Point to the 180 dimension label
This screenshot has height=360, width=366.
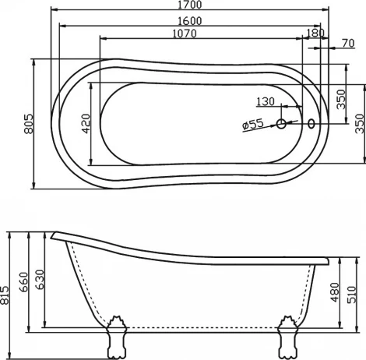pyautogui.click(x=315, y=34)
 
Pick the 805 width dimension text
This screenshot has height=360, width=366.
pyautogui.click(x=29, y=122)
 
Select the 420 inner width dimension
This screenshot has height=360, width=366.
pyautogui.click(x=86, y=123)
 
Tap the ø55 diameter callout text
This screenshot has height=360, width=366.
pyautogui.click(x=253, y=125)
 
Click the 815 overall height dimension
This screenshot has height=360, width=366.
pyautogui.click(x=7, y=294)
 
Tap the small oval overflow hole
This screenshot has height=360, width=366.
pyautogui.click(x=312, y=122)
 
